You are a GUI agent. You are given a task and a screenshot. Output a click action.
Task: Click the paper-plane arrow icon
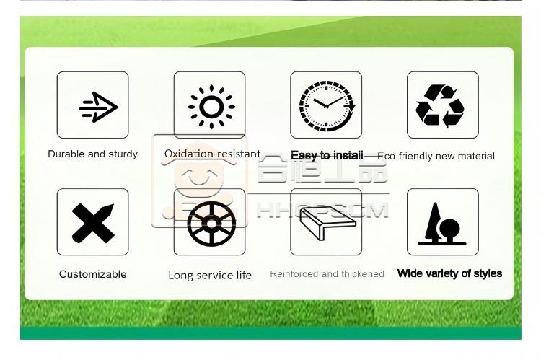click(99, 107)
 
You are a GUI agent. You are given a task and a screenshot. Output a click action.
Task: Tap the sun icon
click(211, 107)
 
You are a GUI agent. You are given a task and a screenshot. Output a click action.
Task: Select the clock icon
click(327, 106)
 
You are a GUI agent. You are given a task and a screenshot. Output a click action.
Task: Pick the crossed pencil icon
click(93, 224)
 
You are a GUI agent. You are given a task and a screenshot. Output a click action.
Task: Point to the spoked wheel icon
click(211, 224)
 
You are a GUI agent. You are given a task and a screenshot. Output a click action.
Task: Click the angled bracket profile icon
click(327, 223)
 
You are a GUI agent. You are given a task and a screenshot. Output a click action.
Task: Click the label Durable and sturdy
click(92, 154)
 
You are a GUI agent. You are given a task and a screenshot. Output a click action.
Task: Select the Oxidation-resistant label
click(212, 154)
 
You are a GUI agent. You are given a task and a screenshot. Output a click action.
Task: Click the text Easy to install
click(327, 156)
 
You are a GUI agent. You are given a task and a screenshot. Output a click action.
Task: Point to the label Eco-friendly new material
click(436, 156)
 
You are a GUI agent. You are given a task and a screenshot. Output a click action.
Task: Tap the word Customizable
click(93, 274)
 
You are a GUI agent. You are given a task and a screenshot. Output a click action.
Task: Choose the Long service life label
click(210, 275)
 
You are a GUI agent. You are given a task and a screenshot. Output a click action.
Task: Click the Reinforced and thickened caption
click(327, 274)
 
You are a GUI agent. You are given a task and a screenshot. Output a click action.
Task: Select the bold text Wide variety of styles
click(449, 273)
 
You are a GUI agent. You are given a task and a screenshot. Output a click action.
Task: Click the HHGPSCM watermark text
click(322, 210)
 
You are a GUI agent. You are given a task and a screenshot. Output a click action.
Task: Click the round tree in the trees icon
click(449, 228)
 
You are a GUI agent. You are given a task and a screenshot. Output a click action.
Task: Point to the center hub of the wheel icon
click(211, 224)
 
